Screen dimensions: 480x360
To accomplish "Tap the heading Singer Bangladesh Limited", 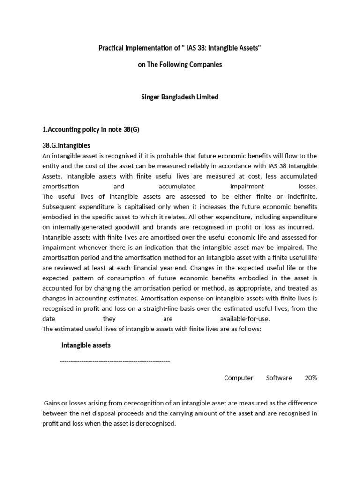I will click(180, 97).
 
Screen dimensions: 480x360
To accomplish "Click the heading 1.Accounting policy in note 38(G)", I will click(91, 129).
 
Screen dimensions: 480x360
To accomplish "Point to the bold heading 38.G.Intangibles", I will click(66, 145).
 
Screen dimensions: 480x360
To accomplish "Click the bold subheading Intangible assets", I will click(86, 345).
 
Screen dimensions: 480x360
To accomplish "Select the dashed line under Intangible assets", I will click(115, 361).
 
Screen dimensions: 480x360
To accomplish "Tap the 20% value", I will click(311, 378).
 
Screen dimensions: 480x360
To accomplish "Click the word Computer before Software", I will click(239, 378).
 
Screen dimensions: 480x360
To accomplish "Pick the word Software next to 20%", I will click(279, 378).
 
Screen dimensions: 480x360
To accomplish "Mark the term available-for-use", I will click(245, 319).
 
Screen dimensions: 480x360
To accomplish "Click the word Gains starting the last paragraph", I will click(53, 403).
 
